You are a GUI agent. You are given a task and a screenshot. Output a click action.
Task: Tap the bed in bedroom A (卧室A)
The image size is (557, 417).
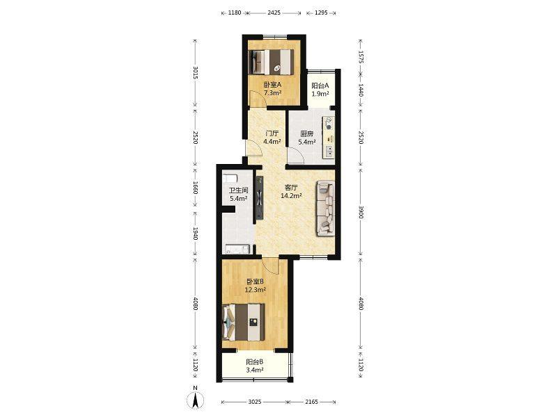point(272,62)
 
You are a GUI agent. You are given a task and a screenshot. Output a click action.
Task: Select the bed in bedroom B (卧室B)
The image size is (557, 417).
point(244,322)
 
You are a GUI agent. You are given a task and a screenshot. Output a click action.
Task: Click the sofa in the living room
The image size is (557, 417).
point(326,207)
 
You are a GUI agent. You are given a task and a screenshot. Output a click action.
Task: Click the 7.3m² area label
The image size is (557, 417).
point(272,93)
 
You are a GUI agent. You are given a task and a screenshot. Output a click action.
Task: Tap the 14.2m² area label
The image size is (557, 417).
point(291,195)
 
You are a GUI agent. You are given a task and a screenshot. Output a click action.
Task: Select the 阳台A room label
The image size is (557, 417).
point(320,85)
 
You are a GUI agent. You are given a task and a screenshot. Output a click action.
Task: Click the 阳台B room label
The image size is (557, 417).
point(254,362)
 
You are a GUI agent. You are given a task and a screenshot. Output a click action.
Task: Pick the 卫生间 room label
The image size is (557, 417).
point(238,190)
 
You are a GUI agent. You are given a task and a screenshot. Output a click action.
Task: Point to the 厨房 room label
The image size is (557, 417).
point(307,134)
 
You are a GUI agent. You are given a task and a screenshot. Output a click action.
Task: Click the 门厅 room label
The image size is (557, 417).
point(272,133)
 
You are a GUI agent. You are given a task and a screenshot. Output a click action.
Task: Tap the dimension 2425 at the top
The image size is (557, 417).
point(274,13)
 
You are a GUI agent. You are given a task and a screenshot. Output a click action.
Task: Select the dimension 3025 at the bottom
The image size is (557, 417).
point(255,402)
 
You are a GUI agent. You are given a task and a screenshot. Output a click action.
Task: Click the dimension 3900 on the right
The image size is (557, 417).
point(361,212)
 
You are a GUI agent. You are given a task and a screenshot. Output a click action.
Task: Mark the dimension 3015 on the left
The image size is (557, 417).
point(195,73)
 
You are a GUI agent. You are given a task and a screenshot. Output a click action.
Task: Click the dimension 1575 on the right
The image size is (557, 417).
point(361,57)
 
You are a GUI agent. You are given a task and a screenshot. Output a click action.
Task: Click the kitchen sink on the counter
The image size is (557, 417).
point(329,152)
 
